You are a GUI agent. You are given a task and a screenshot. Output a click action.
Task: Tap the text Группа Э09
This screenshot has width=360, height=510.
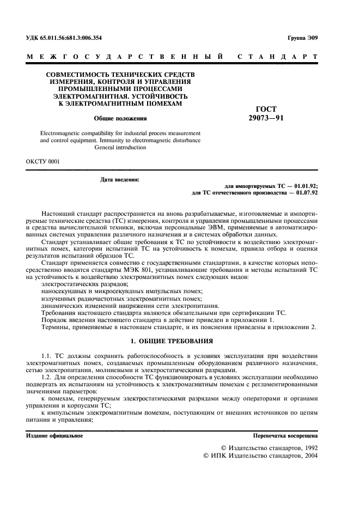pos(302,38)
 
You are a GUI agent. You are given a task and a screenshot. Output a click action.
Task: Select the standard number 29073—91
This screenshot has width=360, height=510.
pos(265,118)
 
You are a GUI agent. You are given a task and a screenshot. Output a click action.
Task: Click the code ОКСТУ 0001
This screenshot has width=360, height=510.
pos(44,162)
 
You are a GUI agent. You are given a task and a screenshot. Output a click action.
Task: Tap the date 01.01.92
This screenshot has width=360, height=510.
pos(307,186)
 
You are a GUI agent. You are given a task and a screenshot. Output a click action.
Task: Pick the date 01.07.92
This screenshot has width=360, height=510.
pos(307,192)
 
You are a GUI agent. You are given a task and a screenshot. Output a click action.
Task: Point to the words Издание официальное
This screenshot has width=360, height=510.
pos(54,436)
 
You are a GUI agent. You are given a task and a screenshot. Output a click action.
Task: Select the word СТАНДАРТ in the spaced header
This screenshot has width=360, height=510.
pos(278,57)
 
